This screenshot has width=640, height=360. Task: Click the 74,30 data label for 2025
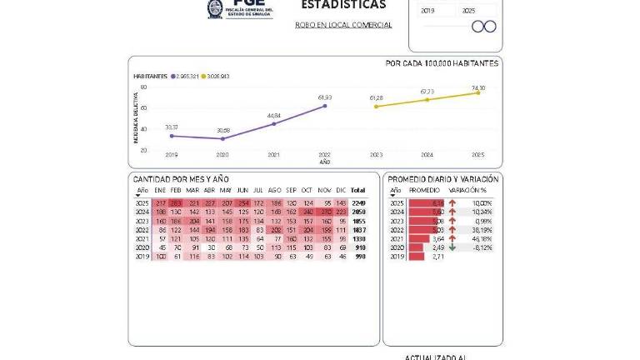point(478,87)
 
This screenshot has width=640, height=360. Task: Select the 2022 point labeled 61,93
point(325,106)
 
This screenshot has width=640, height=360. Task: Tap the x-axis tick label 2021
point(273,155)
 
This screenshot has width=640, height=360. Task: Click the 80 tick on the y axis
point(144,87)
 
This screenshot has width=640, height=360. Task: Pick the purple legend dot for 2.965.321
point(172,76)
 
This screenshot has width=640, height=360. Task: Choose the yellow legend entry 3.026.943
point(214,76)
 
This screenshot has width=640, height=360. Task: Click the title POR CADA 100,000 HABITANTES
point(442,63)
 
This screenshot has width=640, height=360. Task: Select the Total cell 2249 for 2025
point(359,202)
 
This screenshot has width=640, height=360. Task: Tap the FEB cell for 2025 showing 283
point(176,202)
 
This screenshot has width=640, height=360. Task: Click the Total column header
point(358,190)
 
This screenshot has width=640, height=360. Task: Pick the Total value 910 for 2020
point(360,247)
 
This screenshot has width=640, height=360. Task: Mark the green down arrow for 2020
point(452,247)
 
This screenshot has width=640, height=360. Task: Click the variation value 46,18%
point(482,238)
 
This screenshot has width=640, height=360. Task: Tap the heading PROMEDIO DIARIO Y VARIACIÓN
point(443,179)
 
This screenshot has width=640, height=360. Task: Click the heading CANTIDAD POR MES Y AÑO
point(181,179)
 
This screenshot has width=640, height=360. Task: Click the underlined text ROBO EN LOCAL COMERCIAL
point(343,25)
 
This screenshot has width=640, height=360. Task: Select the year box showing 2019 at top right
point(429,11)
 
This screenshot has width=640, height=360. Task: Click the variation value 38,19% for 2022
point(482,229)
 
